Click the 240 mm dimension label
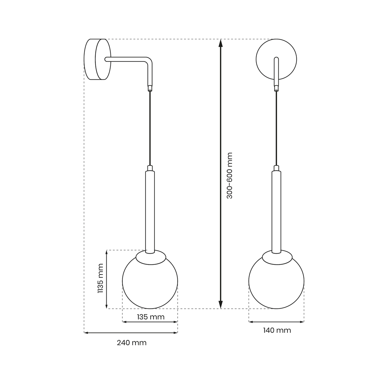click(131, 343)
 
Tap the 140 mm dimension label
click(277, 331)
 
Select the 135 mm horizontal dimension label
click(151, 317)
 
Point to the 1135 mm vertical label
click(100, 279)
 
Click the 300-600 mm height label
click(230, 175)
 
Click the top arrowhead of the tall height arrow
click(221, 43)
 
